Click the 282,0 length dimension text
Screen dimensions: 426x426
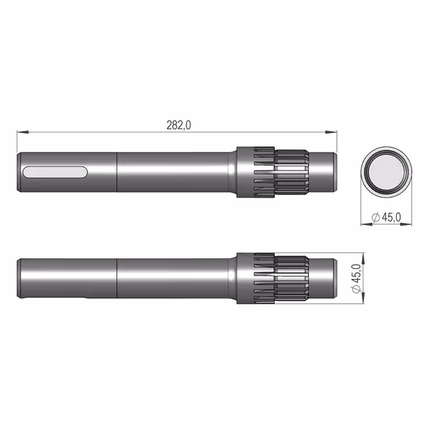point(178,125)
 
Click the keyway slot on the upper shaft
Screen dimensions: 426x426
point(55,172)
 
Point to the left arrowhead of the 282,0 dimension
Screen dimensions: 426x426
point(23,132)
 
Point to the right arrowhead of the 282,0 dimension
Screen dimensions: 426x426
point(331,132)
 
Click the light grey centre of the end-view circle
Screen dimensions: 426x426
point(386,172)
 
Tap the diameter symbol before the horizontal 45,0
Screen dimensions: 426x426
point(375,218)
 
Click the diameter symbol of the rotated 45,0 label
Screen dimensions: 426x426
point(356,289)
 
